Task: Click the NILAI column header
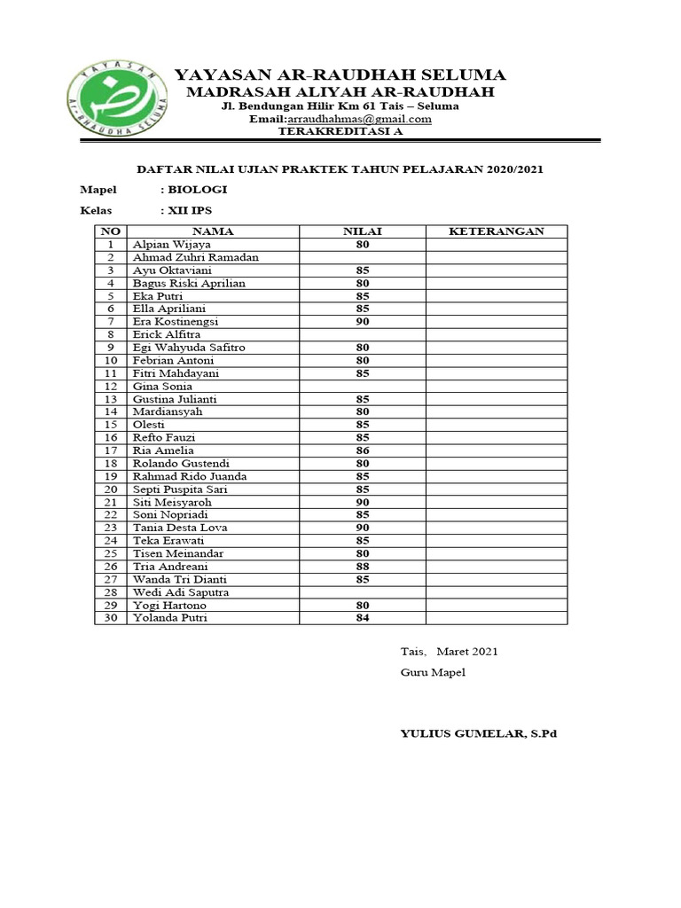point(362,231)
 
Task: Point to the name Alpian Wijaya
point(172,245)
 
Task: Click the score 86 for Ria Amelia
point(362,450)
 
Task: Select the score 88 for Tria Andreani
point(362,567)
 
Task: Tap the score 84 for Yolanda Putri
point(362,618)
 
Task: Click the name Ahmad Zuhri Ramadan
point(196,257)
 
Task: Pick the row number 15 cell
point(111,425)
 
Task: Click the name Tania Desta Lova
point(180,528)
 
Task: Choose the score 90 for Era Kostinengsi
point(362,322)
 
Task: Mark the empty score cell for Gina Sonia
point(362,387)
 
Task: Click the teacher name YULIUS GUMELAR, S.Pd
point(478,733)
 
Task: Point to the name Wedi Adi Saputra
point(181,592)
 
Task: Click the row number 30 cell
point(111,618)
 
